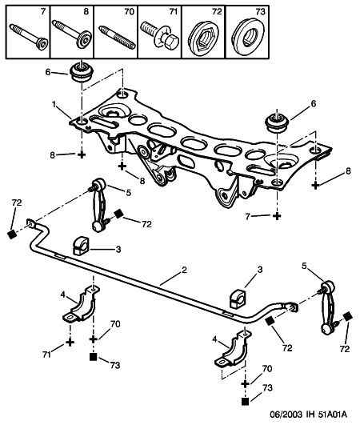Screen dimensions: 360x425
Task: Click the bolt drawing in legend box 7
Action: coord(29,37)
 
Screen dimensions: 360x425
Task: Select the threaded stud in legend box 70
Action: coord(117,38)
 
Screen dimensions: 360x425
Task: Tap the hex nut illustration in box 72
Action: coord(203,38)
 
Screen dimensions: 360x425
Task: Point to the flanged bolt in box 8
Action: coord(72,34)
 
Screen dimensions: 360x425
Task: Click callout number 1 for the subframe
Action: coord(54,104)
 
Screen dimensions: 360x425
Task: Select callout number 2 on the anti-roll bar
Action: coord(184,270)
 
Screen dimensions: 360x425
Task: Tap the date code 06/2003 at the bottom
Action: coord(286,415)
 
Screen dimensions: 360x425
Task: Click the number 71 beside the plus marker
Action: coord(46,355)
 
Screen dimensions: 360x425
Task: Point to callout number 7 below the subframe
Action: coord(247,217)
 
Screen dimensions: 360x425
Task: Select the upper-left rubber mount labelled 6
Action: coord(82,72)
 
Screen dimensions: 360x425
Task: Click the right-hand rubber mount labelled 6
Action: coord(277,123)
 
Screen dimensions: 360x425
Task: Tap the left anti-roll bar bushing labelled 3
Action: coord(81,246)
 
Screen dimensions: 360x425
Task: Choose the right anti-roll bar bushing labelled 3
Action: coord(238,299)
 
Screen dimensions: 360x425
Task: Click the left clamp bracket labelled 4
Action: coord(82,304)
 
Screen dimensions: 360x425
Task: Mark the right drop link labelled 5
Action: coord(327,307)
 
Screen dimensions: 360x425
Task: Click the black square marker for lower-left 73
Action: coord(93,357)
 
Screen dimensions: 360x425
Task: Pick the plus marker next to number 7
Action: coord(277,216)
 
